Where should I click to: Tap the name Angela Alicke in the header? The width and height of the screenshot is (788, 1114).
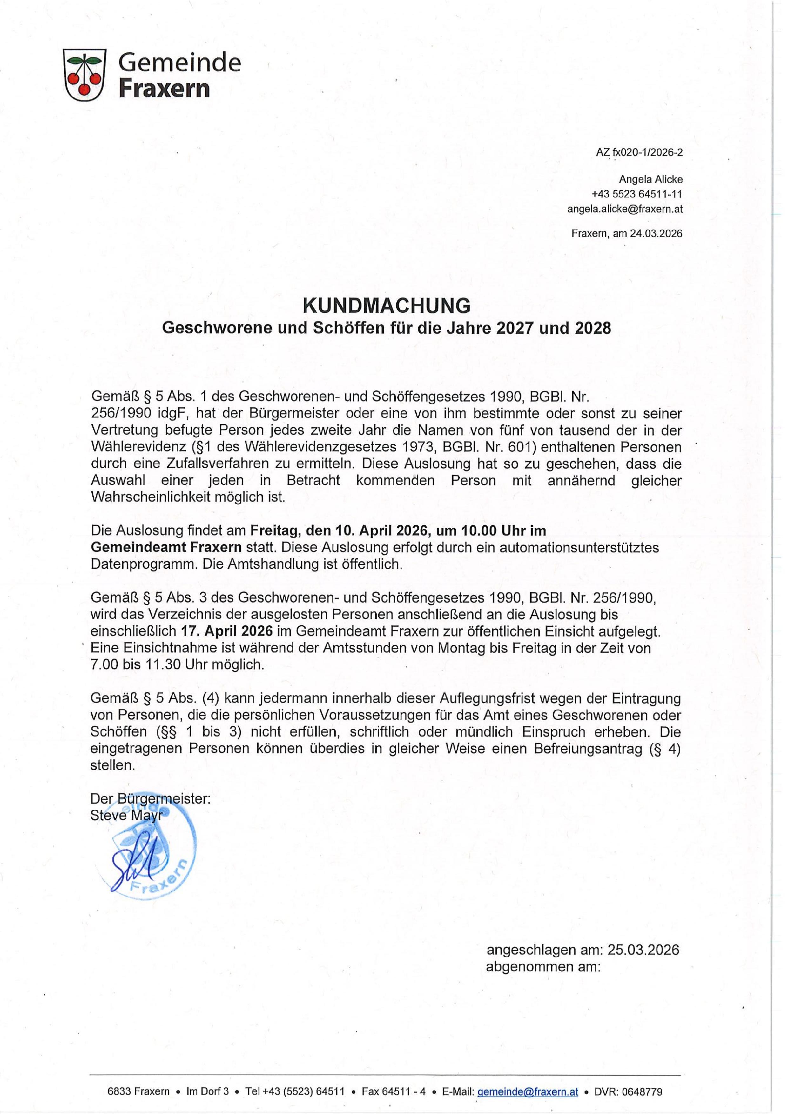coord(650,179)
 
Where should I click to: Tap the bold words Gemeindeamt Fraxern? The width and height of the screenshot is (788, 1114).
coord(166,547)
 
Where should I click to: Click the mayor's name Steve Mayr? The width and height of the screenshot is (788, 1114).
coord(125,815)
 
